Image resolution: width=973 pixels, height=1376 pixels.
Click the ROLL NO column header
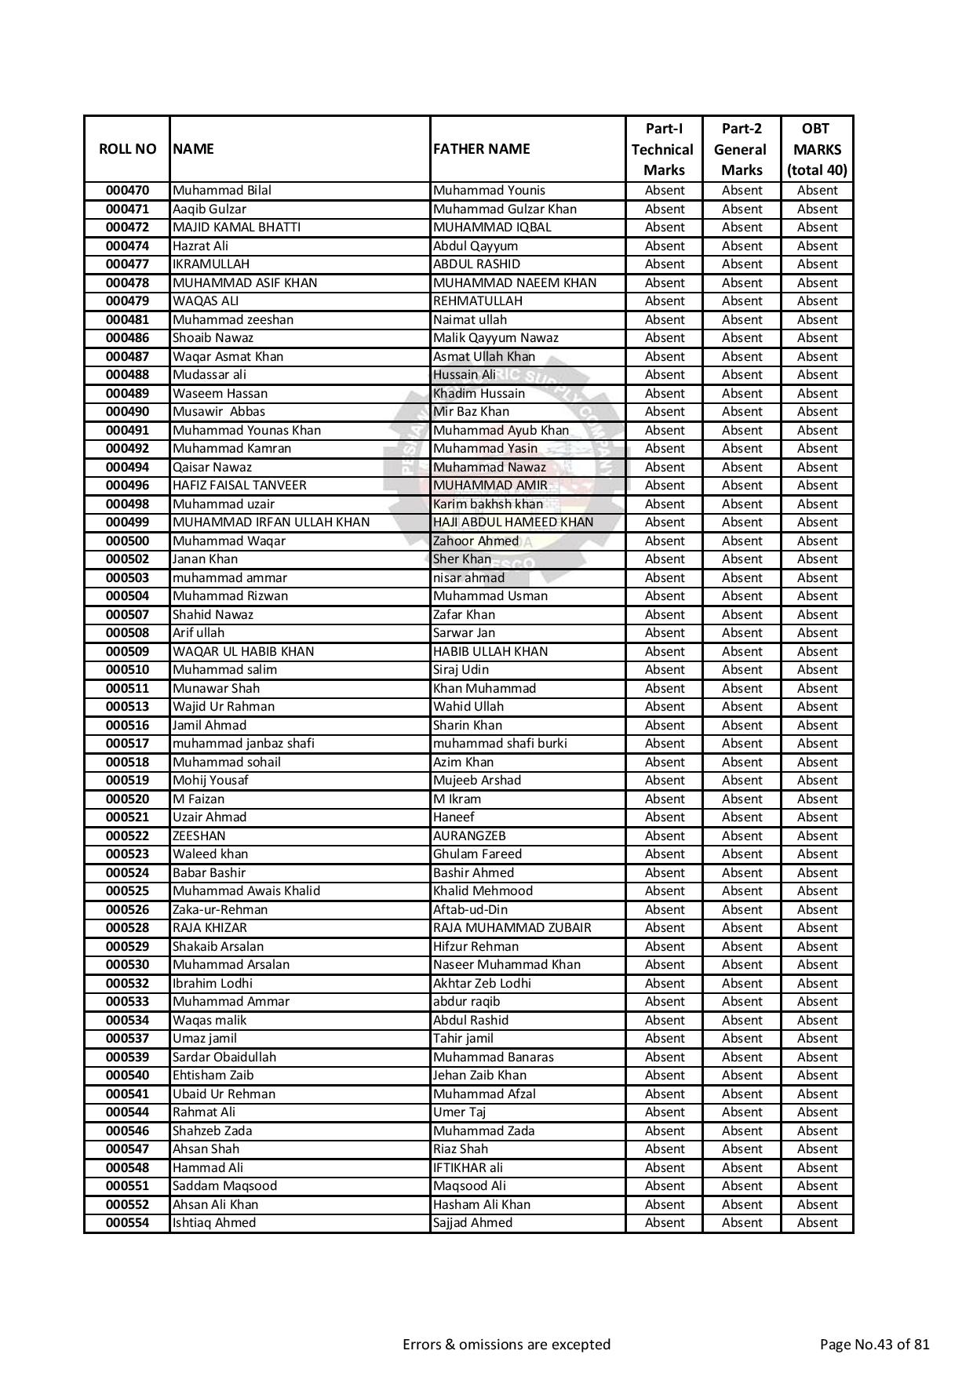tap(127, 149)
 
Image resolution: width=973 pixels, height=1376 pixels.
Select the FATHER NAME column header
tap(481, 149)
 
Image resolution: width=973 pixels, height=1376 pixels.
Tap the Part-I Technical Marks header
tap(663, 149)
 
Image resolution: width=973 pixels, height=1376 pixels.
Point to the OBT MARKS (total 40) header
tap(816, 149)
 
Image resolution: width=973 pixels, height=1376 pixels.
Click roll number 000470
tap(127, 191)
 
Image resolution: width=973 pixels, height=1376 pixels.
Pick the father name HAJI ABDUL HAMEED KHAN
tap(513, 522)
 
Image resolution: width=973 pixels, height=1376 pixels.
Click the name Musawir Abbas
tap(219, 412)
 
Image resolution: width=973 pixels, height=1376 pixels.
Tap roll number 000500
tap(127, 541)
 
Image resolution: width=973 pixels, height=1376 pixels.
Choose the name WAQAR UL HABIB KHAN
tap(243, 652)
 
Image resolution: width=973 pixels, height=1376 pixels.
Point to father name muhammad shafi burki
tap(500, 744)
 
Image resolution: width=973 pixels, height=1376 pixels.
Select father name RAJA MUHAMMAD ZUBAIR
tap(512, 928)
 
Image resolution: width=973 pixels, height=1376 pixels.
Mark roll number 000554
tap(127, 1223)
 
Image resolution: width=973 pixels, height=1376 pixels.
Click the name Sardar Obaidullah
tap(224, 1057)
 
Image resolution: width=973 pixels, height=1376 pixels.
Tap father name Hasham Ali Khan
tap(482, 1205)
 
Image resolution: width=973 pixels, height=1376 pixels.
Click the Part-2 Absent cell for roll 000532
tap(742, 984)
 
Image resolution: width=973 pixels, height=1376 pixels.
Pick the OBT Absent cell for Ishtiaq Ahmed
tap(817, 1223)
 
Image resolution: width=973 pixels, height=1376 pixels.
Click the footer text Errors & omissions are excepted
tap(506, 1345)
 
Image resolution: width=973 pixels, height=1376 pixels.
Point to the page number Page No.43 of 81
tap(874, 1345)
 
